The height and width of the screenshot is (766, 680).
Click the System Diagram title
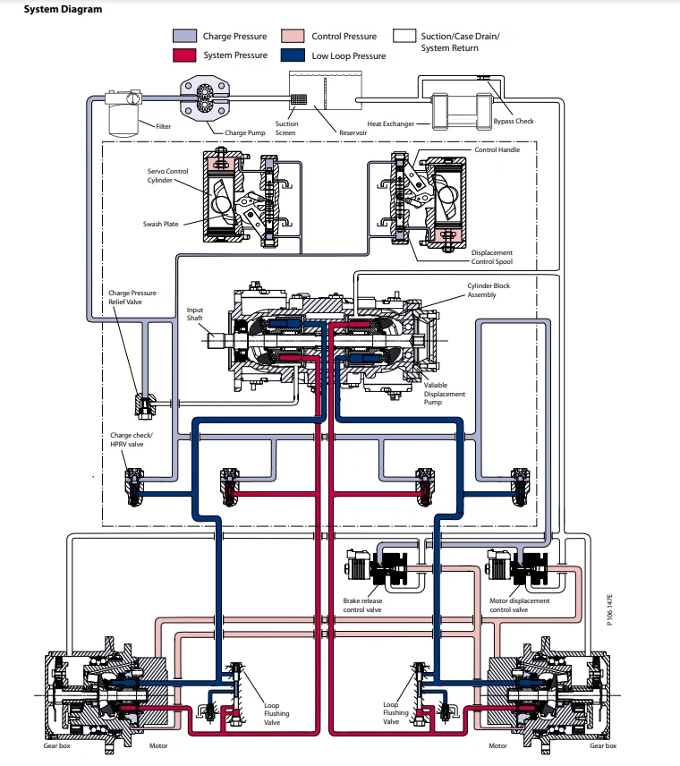tap(49, 10)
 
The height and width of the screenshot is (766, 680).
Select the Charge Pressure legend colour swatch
tap(185, 37)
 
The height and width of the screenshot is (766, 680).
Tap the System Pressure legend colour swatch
tap(185, 55)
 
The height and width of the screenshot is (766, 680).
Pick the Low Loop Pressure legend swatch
tap(293, 55)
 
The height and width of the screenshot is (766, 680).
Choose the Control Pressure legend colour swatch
tap(293, 37)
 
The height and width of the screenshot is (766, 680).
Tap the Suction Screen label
tap(286, 128)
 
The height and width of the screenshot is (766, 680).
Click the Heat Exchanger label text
tap(390, 123)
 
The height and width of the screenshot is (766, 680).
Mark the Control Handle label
tap(497, 149)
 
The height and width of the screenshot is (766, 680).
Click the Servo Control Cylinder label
tap(167, 174)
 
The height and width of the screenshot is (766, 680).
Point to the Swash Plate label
tap(164, 224)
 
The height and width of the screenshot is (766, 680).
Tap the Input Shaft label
tap(195, 314)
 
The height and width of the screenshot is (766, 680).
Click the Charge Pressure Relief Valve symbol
tap(143, 404)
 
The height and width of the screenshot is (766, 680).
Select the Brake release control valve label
tap(362, 605)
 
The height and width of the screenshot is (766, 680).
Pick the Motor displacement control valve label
tap(519, 605)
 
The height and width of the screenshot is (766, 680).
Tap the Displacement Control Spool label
tap(492, 258)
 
